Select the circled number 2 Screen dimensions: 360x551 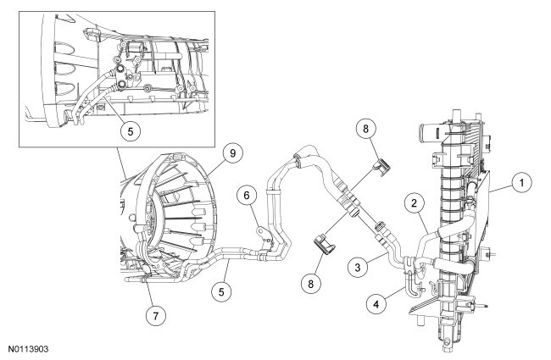pos(415,202)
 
